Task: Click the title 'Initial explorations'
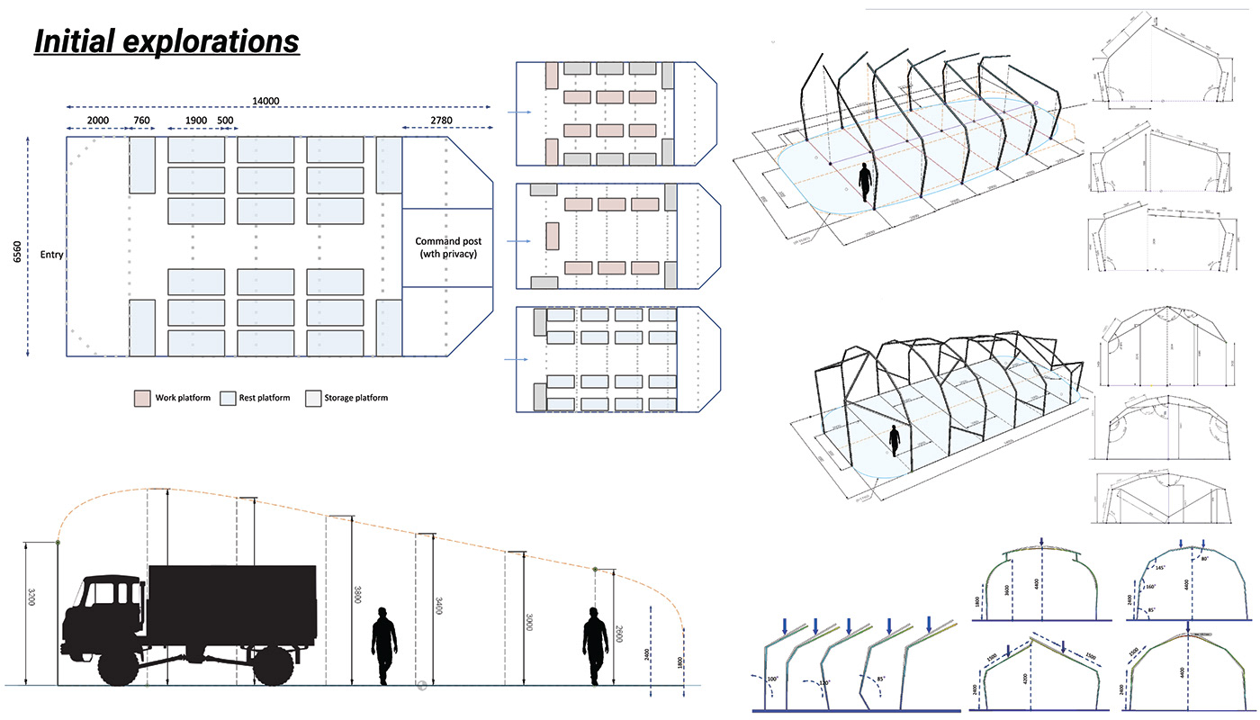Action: pyautogui.click(x=166, y=41)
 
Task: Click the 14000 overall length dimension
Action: pyautogui.click(x=279, y=103)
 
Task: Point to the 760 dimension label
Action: pyautogui.click(x=141, y=120)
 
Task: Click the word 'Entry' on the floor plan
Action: pyautogui.click(x=51, y=255)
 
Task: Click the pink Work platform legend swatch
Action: pyautogui.click(x=142, y=398)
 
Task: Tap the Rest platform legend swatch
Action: pyautogui.click(x=228, y=398)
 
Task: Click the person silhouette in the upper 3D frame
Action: pyautogui.click(x=865, y=183)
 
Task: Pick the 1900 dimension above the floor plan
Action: pyautogui.click(x=195, y=120)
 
